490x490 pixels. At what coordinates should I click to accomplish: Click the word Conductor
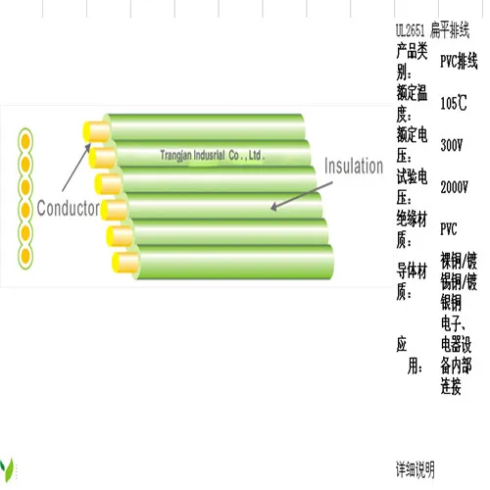click(68, 208)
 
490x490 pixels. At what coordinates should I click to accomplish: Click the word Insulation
click(353, 167)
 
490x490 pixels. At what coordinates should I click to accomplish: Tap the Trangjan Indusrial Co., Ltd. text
click(213, 155)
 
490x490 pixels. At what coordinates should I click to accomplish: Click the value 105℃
click(454, 102)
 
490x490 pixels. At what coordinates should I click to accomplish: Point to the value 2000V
click(454, 186)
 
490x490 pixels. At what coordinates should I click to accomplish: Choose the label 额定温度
click(413, 102)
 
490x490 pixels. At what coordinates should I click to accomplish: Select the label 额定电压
click(413, 144)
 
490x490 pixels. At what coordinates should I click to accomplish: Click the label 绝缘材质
click(413, 228)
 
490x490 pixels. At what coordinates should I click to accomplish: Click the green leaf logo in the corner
click(8, 465)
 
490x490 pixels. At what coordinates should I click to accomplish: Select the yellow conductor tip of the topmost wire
click(96, 130)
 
